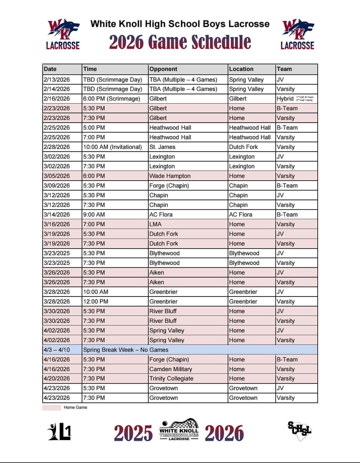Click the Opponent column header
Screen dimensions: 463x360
click(x=163, y=69)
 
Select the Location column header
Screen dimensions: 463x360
click(x=241, y=69)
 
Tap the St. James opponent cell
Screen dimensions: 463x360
click(x=162, y=147)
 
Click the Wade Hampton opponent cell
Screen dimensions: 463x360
click(x=170, y=176)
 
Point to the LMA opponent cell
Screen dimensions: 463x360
click(x=156, y=224)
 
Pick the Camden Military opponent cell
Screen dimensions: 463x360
click(x=171, y=369)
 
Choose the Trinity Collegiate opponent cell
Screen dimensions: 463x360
click(x=171, y=379)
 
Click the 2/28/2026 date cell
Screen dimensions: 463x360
click(x=57, y=147)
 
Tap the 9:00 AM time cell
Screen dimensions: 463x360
click(x=94, y=214)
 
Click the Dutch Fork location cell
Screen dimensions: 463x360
click(x=243, y=147)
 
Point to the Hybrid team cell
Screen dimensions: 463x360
click(x=285, y=99)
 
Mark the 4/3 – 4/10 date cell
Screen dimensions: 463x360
click(x=57, y=350)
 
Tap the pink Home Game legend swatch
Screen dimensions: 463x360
click(x=51, y=408)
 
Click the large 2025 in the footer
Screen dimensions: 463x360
click(x=133, y=433)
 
